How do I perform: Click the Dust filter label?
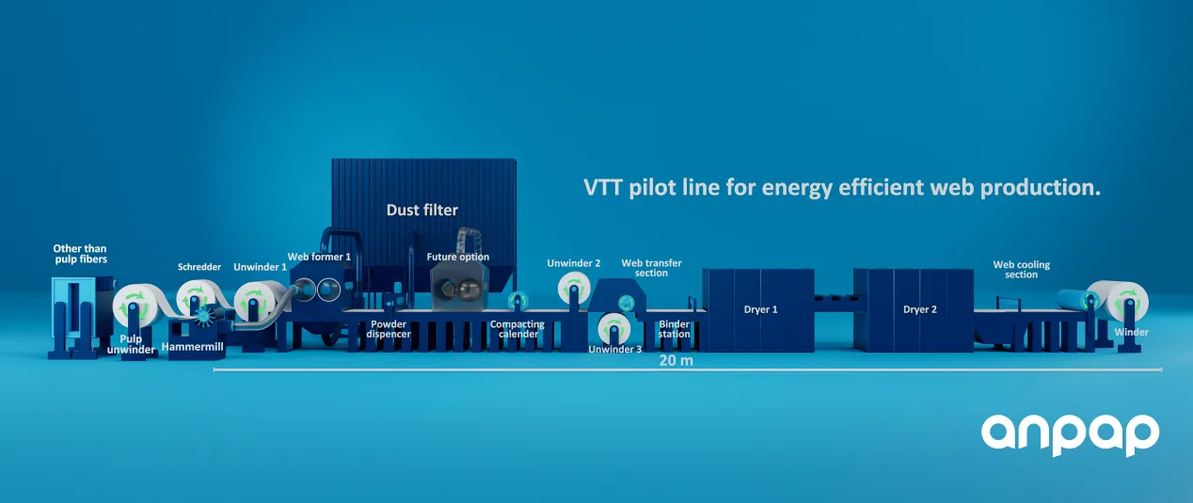(422, 210)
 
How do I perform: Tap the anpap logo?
(1070, 434)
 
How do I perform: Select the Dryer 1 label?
(761, 308)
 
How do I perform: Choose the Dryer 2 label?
(919, 308)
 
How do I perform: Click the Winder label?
(1131, 332)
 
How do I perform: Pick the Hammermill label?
(193, 347)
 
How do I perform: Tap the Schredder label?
(199, 267)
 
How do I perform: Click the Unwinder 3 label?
(615, 350)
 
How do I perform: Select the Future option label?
(458, 257)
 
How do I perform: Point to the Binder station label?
(675, 329)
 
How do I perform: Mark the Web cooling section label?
(1021, 270)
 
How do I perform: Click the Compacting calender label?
(517, 329)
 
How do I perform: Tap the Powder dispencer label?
(387, 329)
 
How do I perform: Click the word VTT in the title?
(602, 187)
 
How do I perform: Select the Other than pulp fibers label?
(80, 254)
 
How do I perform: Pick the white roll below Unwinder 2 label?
(573, 287)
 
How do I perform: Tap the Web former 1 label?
(319, 257)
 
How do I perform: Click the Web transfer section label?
(651, 268)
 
